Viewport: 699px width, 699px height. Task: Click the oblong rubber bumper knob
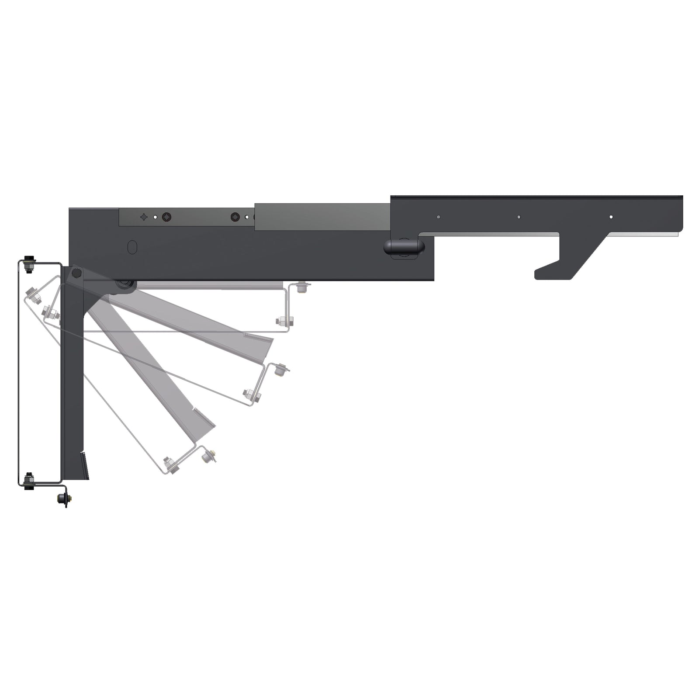(404, 247)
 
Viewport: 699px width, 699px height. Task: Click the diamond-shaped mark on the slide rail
(144, 217)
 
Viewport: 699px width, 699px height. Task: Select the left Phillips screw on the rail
(166, 217)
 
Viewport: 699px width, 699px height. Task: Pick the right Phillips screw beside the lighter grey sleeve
(236, 217)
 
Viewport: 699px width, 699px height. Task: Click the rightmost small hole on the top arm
(611, 217)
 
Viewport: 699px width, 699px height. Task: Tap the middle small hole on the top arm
(519, 217)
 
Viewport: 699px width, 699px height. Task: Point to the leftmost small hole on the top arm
(438, 217)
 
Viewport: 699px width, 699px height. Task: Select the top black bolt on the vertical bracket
(29, 263)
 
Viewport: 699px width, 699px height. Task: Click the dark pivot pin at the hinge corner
(76, 274)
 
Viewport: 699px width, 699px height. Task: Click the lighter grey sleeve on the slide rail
(322, 216)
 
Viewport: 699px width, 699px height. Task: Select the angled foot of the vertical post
(85, 467)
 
